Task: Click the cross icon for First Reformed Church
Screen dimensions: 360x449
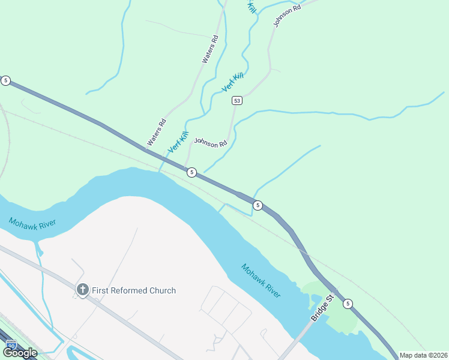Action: point(82,290)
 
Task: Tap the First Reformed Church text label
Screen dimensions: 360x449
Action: point(133,290)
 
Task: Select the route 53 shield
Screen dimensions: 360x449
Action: point(237,101)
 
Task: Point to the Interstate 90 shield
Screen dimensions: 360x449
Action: point(10,344)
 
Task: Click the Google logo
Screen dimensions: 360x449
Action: point(19,352)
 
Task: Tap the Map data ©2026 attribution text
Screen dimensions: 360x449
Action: point(424,355)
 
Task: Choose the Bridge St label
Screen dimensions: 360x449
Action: point(322,308)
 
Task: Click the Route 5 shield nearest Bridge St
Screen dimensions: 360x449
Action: point(348,304)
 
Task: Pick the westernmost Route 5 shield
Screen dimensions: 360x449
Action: point(5,80)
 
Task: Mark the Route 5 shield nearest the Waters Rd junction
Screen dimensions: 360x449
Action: point(191,172)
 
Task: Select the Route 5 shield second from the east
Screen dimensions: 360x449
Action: point(258,205)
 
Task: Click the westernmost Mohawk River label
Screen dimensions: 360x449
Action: point(32,223)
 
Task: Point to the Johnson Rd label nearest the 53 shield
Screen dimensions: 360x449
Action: point(210,143)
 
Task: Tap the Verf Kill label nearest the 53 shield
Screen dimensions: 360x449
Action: point(233,82)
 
